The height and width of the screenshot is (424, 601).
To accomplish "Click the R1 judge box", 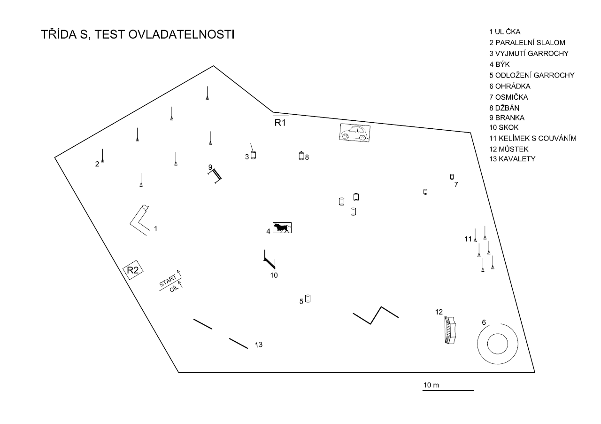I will point(280,123).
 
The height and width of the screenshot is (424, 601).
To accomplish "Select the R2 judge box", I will point(133,270).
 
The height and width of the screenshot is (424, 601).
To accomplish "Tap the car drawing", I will point(354,133).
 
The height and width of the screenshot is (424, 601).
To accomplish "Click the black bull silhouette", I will point(282,228).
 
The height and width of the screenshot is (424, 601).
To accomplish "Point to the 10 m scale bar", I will point(448,390).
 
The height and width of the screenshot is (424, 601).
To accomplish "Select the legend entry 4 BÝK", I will point(499,64).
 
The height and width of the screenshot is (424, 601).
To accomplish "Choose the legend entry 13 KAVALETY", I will point(512,159).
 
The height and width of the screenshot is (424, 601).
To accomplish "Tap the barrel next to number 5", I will point(308,298).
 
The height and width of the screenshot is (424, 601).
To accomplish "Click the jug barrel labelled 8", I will point(301,156).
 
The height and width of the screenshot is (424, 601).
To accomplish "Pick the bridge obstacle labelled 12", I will point(450,331).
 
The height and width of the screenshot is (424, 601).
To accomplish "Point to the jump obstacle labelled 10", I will point(270,260).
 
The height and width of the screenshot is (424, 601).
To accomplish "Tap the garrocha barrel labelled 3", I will point(253,155).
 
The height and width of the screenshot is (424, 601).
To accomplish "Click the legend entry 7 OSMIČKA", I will point(509,97).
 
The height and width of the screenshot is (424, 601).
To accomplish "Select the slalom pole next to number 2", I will point(102,156).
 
